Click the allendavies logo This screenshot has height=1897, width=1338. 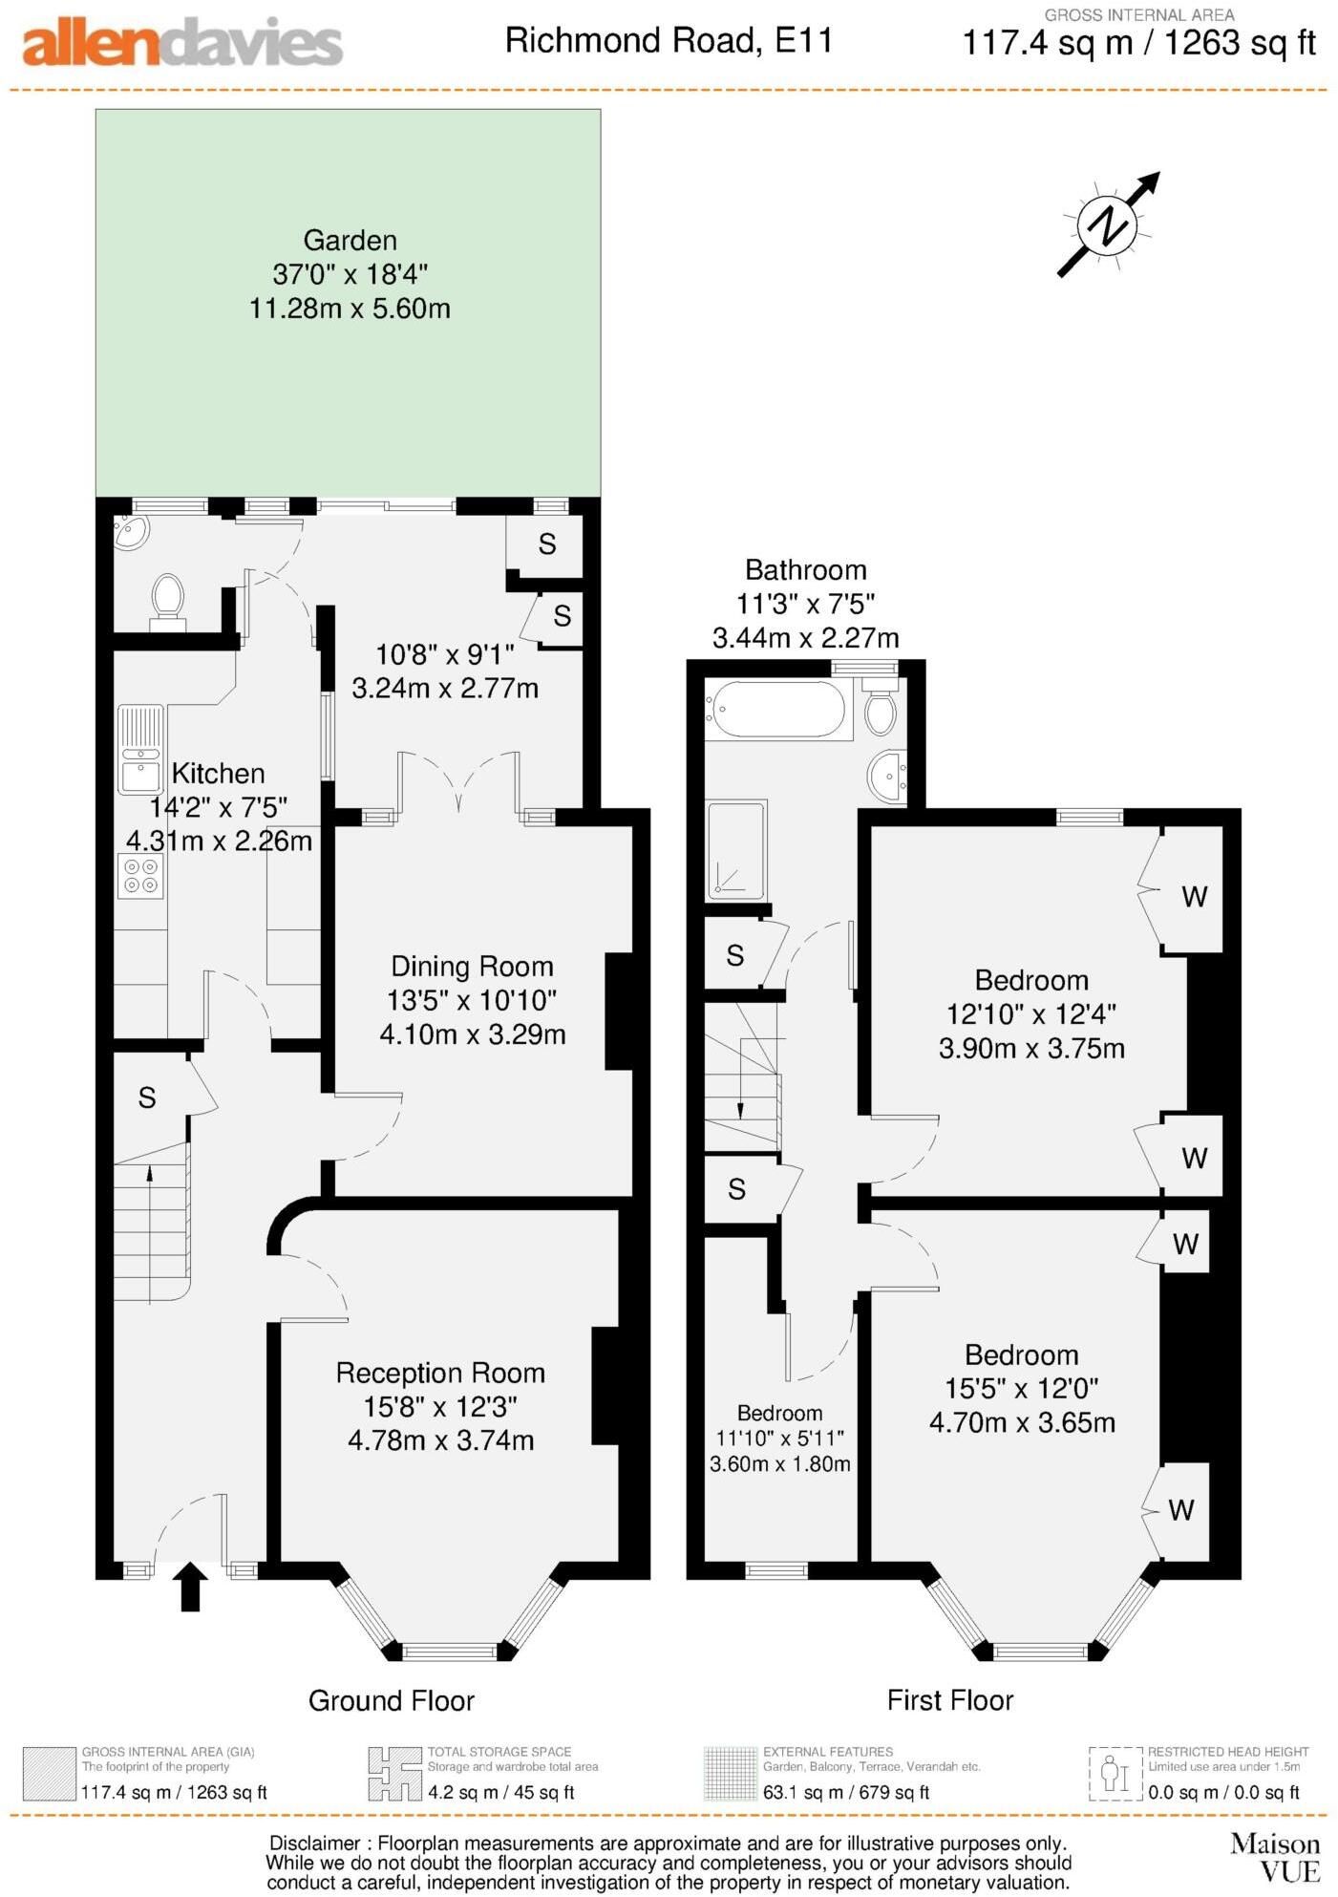pos(181,43)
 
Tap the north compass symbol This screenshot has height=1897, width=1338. pos(1108,226)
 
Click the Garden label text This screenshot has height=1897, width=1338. pos(350,240)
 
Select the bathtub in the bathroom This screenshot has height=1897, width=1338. pos(778,709)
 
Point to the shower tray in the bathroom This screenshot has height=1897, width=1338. pos(736,850)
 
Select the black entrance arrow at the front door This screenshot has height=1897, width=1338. pos(190,1587)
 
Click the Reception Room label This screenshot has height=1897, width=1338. pos(440,1373)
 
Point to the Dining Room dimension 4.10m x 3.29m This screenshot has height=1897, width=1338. pos(473,1034)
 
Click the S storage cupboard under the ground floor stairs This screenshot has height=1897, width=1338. pos(147,1098)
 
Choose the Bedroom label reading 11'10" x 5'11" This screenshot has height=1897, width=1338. pos(779,1438)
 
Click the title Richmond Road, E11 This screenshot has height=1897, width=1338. pos(669,41)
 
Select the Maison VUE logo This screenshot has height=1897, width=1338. pos(1274,1857)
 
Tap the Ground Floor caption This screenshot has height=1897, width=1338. pos(391,1700)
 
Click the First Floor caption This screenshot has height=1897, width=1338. pos(949,1700)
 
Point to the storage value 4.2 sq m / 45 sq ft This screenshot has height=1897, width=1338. pos(500,1793)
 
